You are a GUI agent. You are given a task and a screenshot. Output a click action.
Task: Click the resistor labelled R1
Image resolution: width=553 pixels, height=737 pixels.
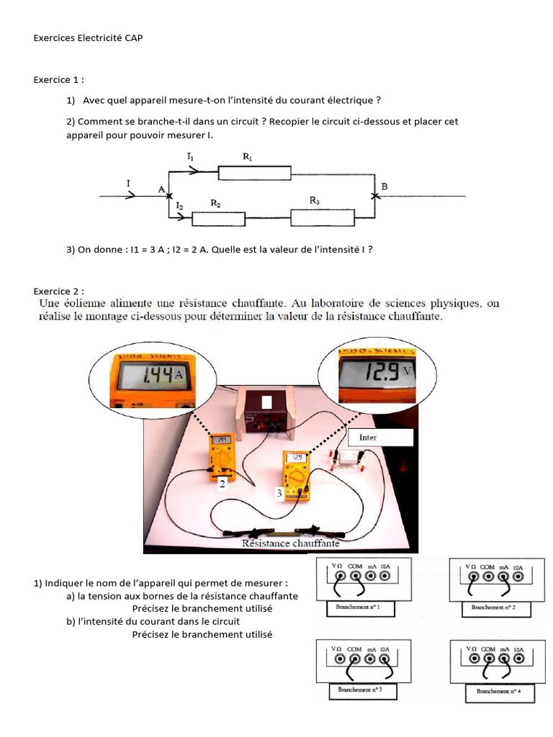tap(255, 173)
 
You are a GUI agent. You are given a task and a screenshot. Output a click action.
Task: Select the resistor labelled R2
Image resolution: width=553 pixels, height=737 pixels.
tap(215, 217)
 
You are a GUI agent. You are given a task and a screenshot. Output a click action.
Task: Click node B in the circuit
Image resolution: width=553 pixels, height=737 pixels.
tap(374, 194)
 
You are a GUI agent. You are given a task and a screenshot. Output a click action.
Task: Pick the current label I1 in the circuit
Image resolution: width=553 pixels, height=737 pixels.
tap(190, 156)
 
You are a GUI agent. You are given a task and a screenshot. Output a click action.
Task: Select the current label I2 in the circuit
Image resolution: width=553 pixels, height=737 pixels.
tap(180, 206)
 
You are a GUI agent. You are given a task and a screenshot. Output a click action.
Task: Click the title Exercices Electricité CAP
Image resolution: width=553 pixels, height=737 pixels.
tap(88, 37)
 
